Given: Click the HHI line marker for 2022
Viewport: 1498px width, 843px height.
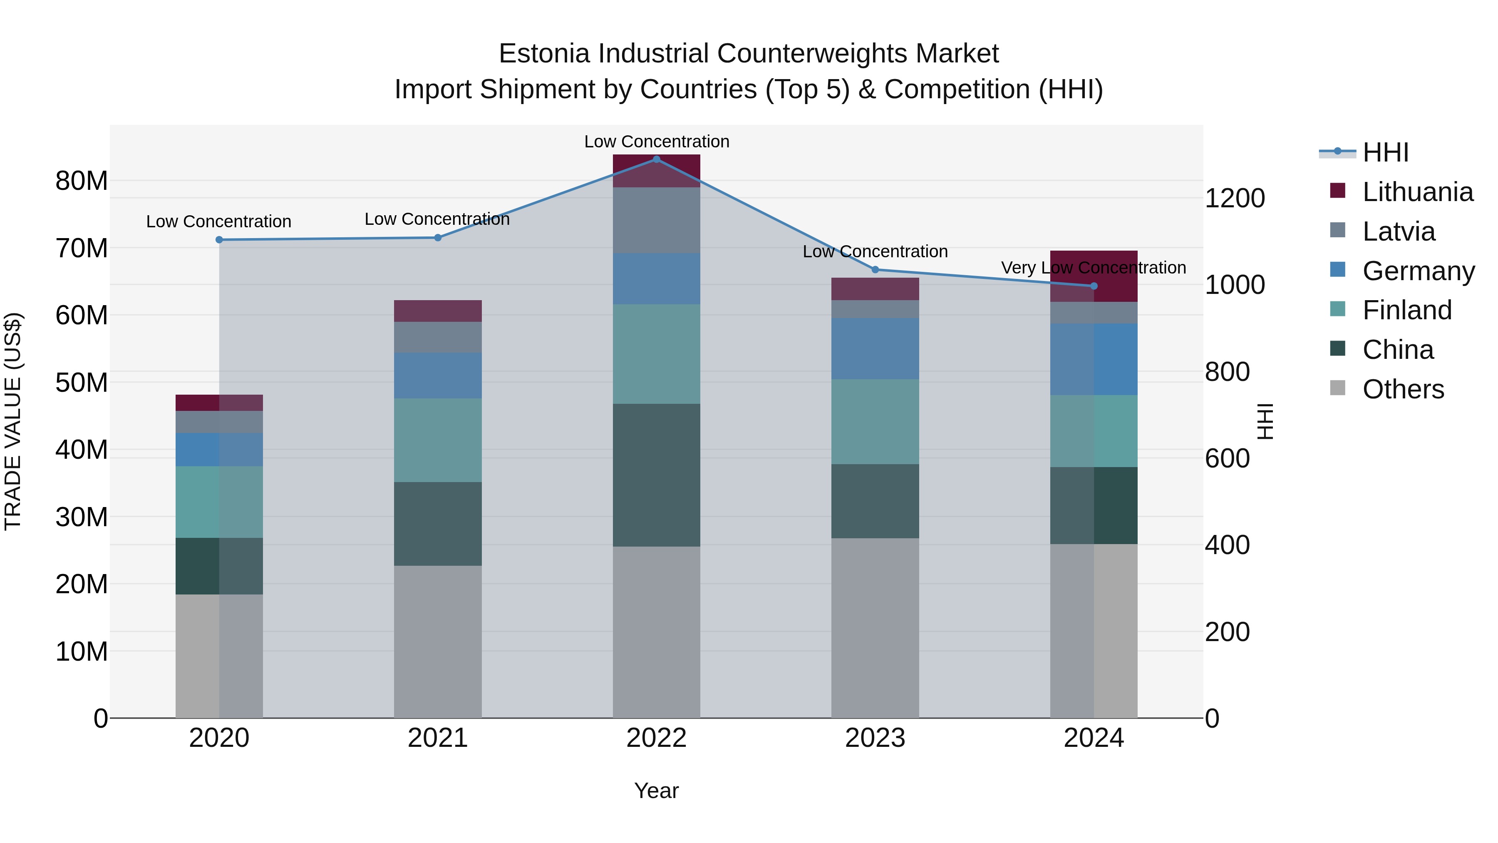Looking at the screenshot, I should [x=657, y=159].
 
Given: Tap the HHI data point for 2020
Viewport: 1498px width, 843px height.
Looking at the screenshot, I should [x=219, y=240].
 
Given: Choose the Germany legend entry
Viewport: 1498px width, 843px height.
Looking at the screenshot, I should [x=1418, y=271].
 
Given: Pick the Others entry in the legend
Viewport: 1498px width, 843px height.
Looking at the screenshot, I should [x=1403, y=389].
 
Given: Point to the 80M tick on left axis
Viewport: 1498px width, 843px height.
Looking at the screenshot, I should [x=82, y=181].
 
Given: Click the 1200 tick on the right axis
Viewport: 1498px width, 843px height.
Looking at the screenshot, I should [x=1235, y=199].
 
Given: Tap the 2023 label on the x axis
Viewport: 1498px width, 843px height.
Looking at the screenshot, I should [x=875, y=738].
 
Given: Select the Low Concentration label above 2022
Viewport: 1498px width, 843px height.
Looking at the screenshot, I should [x=657, y=142].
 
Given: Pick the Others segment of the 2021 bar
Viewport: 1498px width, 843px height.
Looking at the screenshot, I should [x=438, y=641].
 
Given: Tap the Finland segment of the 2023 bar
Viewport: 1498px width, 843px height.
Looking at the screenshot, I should [x=875, y=422].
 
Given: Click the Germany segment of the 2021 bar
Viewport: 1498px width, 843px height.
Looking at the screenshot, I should [x=438, y=375].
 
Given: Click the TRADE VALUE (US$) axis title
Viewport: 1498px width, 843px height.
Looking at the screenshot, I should [x=13, y=421].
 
